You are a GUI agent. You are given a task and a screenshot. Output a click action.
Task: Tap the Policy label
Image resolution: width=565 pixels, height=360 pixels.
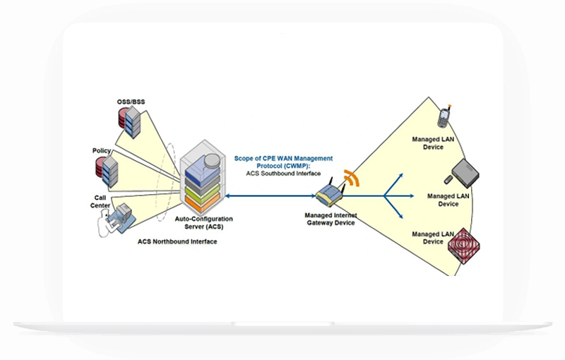tap(101, 151)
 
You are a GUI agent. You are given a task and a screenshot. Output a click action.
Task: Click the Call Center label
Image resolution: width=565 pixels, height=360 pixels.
tap(100, 201)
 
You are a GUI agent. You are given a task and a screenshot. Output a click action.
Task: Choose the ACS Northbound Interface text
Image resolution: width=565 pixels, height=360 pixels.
tap(177, 242)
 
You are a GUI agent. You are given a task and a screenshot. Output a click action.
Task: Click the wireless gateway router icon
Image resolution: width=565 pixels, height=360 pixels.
tap(329, 192)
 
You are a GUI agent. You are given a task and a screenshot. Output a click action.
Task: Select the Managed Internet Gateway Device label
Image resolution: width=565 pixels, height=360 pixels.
tap(330, 218)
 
